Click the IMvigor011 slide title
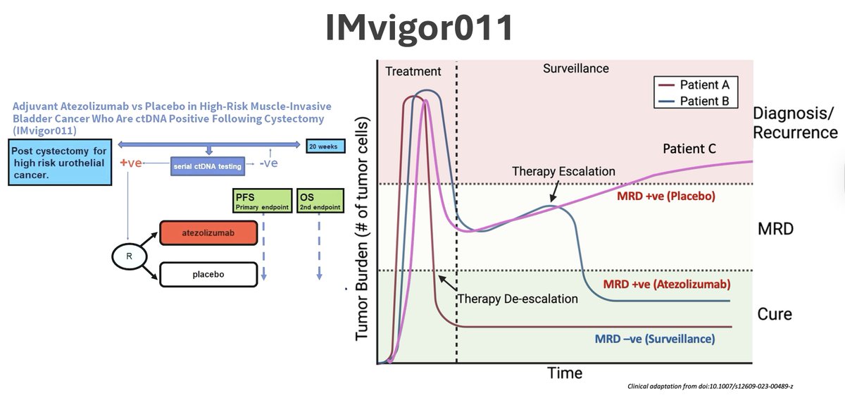point(420,28)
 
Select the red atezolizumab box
point(208,233)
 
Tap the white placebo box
point(208,274)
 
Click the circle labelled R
point(129,256)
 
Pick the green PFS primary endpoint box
point(262,201)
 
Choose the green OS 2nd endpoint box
point(320,201)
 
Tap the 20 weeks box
point(323,147)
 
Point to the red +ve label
point(132,163)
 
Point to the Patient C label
point(694,149)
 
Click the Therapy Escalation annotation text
point(563,171)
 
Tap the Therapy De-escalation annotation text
point(518,299)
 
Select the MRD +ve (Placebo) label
point(665,197)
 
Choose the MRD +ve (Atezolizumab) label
point(666,285)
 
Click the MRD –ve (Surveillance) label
point(655,339)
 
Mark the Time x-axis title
point(565,373)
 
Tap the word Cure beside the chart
point(775,314)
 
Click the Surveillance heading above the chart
point(576,68)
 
